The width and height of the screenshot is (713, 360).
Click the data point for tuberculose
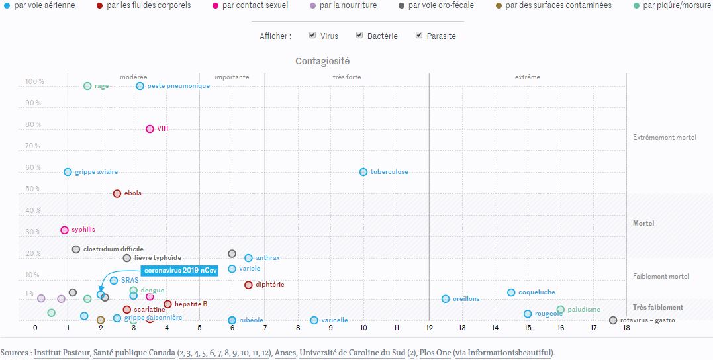(x=363, y=172)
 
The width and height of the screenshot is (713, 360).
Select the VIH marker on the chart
(x=150, y=129)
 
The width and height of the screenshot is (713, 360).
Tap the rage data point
(x=87, y=86)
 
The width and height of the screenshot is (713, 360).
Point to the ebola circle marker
(x=117, y=193)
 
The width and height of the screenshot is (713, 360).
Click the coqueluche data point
(x=511, y=292)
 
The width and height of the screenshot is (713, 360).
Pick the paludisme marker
(x=561, y=310)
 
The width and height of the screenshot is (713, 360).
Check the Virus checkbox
(x=312, y=36)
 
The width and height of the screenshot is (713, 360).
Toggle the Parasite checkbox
(x=419, y=36)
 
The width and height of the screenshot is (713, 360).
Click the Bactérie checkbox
(x=359, y=36)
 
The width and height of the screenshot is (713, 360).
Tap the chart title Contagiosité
(x=322, y=61)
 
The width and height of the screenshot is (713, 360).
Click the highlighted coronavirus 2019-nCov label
(x=180, y=270)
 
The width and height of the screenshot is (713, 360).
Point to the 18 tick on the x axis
(x=626, y=327)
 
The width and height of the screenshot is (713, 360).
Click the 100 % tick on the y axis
(x=34, y=82)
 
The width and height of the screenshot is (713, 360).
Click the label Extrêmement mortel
(x=664, y=138)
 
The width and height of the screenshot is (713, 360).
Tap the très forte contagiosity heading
(x=347, y=77)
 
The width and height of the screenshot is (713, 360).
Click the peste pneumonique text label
(x=178, y=86)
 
